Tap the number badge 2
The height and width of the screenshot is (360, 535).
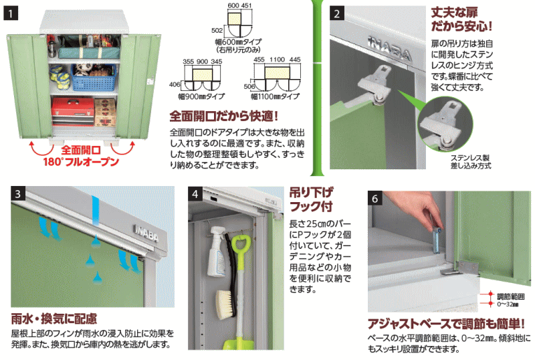[x=338, y=13]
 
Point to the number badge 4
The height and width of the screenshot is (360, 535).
[x=196, y=195]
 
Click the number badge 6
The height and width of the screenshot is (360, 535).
[x=375, y=199]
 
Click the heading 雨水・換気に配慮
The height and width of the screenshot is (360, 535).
[x=54, y=318]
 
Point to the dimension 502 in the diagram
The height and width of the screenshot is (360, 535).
[x=216, y=29]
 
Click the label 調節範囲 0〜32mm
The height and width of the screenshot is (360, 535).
[x=497, y=298]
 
